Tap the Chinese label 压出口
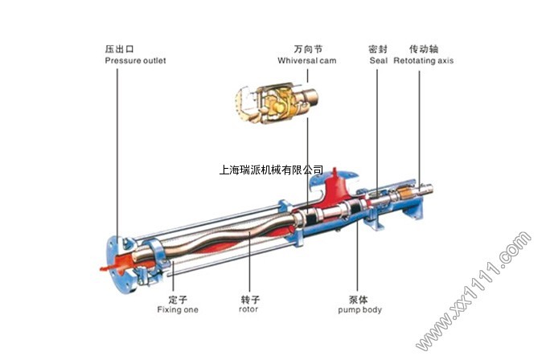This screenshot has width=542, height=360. (118, 48)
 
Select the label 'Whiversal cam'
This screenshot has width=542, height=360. (306, 60)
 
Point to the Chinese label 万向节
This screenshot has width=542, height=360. (306, 48)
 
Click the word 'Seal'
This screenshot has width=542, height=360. (378, 60)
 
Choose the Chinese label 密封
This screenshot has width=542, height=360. (378, 48)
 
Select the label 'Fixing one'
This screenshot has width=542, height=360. (177, 309)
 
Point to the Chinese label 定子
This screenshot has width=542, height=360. (177, 298)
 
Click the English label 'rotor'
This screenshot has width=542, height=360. (249, 309)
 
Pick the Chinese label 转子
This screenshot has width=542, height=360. (249, 298)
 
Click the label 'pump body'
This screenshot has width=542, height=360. (359, 309)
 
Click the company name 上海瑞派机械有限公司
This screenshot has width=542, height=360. (271, 170)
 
